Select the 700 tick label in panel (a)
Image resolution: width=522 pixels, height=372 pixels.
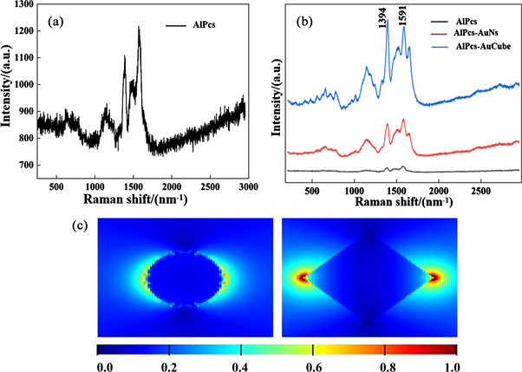26,165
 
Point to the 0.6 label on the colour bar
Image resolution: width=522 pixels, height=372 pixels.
313,367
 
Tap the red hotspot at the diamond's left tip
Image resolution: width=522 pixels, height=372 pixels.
303,277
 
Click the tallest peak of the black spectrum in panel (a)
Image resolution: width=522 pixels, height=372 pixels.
139,27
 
